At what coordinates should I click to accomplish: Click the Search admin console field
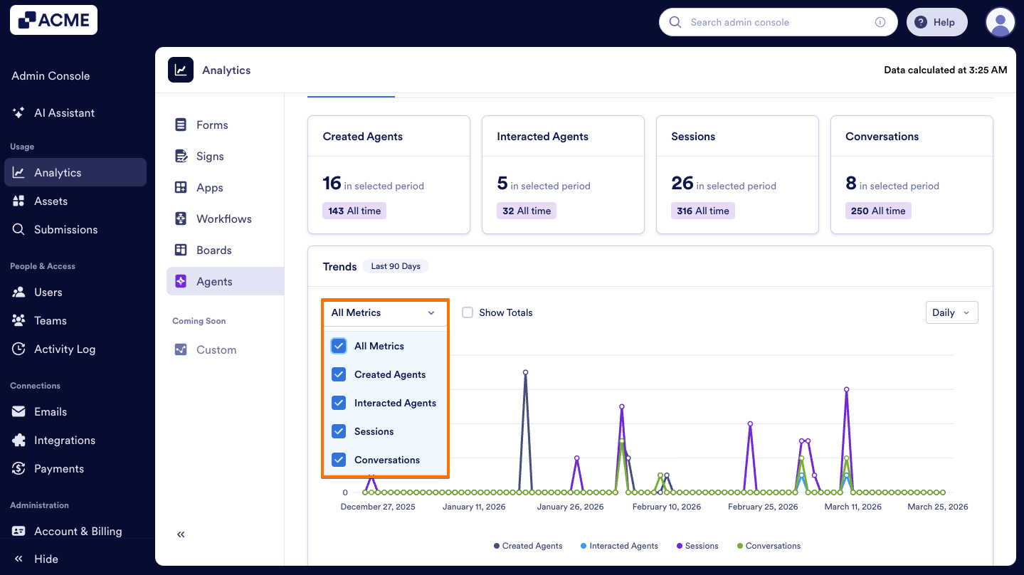776,22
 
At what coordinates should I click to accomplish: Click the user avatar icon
1000,22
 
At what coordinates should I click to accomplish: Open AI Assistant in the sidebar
64,112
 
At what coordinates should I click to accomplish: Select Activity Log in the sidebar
64,349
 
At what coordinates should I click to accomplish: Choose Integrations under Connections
64,440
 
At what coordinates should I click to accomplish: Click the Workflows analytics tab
223,218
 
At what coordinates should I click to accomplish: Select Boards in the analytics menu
213,250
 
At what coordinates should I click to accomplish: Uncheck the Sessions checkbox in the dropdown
339,431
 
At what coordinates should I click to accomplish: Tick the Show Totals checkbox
468,312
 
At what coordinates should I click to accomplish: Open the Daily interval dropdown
951,312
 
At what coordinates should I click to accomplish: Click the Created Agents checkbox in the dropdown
339,374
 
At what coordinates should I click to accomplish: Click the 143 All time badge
354,211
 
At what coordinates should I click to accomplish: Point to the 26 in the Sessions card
682,184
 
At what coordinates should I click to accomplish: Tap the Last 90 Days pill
396,266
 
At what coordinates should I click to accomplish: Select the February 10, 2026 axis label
666,507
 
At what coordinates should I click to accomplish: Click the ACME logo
53,20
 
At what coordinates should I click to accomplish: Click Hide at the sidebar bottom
46,559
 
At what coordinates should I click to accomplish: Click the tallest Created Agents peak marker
525,372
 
